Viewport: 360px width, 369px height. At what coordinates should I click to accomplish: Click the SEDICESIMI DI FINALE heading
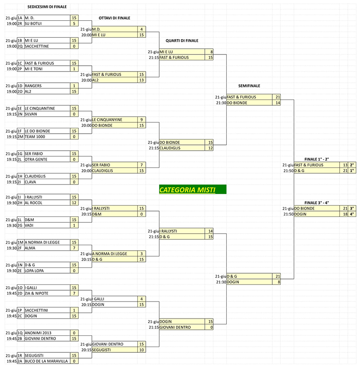click(x=47, y=7)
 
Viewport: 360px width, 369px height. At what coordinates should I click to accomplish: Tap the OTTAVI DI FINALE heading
click(x=114, y=18)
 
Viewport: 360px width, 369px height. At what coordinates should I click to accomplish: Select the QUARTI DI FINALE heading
click(x=182, y=40)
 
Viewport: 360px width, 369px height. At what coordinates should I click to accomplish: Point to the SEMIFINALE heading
click(x=249, y=85)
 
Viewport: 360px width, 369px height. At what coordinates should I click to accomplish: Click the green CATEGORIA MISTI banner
click(x=192, y=190)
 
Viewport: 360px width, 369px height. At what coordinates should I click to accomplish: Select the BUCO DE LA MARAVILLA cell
click(x=46, y=361)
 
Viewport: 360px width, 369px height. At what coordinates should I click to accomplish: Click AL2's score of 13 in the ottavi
click(x=141, y=80)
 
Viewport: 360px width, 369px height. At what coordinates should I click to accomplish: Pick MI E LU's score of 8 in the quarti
click(x=209, y=52)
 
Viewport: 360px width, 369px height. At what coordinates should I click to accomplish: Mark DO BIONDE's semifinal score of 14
click(x=277, y=103)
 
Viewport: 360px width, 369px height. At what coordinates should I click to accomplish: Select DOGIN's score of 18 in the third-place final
click(x=344, y=214)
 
